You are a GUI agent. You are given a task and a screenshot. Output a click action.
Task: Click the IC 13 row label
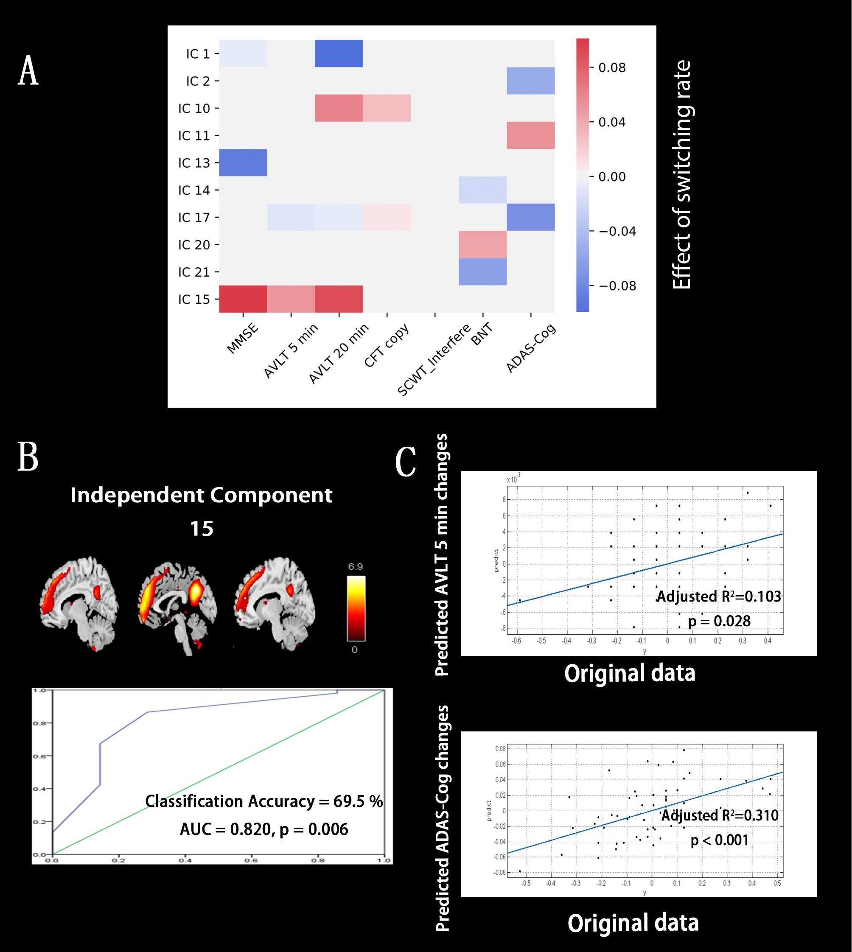coord(194,163)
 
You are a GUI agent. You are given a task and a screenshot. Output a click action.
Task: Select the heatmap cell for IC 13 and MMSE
coord(243,163)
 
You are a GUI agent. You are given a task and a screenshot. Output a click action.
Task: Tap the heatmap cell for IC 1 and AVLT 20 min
coord(339,53)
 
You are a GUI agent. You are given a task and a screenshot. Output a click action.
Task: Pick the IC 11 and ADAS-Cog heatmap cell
coord(530,135)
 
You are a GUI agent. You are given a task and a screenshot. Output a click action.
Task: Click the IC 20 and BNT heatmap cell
coord(482,245)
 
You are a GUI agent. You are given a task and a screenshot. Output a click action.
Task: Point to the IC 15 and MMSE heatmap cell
coord(243,299)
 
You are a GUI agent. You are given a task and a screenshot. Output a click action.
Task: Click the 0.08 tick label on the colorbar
coord(612,68)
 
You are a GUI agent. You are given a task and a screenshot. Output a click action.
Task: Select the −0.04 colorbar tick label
coord(617,231)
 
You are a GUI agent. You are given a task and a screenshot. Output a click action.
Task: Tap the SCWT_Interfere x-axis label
coord(434,359)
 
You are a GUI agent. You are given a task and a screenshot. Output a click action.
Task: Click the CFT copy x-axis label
coord(387,345)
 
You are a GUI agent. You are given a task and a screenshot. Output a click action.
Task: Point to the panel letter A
coord(28,71)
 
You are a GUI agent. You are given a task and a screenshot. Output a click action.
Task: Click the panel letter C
coord(405,462)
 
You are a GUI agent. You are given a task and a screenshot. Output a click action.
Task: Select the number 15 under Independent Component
coord(202,529)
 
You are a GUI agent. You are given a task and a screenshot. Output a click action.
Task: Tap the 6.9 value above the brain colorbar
coord(355,566)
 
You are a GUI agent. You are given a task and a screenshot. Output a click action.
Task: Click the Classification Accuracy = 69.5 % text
coord(264,801)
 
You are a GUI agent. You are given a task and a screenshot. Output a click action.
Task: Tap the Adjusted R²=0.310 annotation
coord(720,815)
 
